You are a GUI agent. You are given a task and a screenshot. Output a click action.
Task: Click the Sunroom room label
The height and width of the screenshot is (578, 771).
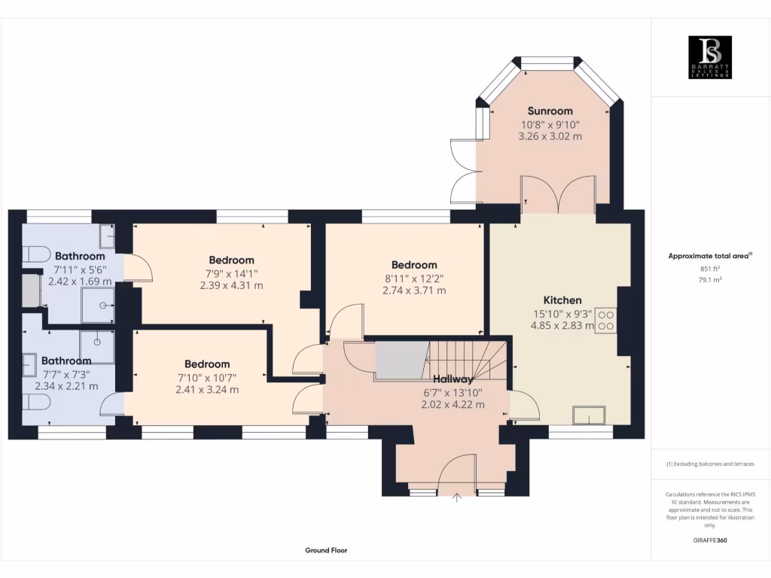pyautogui.click(x=550, y=111)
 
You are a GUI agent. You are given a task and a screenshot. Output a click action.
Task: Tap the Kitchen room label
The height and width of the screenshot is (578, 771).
pyautogui.click(x=562, y=300)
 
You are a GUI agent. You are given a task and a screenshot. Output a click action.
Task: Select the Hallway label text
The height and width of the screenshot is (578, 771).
pyautogui.click(x=453, y=379)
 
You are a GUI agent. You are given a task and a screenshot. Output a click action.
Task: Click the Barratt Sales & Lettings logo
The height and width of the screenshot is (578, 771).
pyautogui.click(x=711, y=57)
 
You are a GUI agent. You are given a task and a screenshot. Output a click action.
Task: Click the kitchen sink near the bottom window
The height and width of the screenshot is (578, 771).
pyautogui.click(x=589, y=415)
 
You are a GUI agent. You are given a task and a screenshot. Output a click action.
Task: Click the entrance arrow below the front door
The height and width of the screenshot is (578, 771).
pyautogui.click(x=456, y=496)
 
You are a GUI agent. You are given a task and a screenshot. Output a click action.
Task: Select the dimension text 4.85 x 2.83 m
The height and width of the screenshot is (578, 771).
pyautogui.click(x=562, y=326)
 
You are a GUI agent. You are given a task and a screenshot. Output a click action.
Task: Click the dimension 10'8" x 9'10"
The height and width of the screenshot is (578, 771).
pyautogui.click(x=550, y=124)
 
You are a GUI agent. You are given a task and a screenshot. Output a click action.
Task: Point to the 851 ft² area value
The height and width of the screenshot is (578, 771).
pyautogui.click(x=711, y=269)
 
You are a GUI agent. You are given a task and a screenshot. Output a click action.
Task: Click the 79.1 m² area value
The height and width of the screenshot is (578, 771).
pyautogui.click(x=711, y=279)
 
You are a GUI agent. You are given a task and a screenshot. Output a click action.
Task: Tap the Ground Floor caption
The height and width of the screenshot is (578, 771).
pyautogui.click(x=326, y=550)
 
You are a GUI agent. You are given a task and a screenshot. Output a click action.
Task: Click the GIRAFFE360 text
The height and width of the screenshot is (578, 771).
pyautogui.click(x=711, y=540)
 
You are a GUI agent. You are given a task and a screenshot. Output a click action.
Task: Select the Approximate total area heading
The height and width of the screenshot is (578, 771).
pyautogui.click(x=710, y=257)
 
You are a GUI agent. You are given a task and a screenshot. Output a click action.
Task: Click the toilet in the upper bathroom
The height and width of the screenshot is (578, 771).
pyautogui.click(x=34, y=254)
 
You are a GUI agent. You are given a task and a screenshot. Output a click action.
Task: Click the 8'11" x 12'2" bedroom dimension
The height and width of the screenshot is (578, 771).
pyautogui.click(x=414, y=278)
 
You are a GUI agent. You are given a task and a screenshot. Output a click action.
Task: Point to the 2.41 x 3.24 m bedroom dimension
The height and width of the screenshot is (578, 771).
pyautogui.click(x=207, y=390)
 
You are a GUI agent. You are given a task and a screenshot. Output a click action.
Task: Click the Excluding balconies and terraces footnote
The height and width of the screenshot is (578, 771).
pyautogui.click(x=710, y=464)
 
